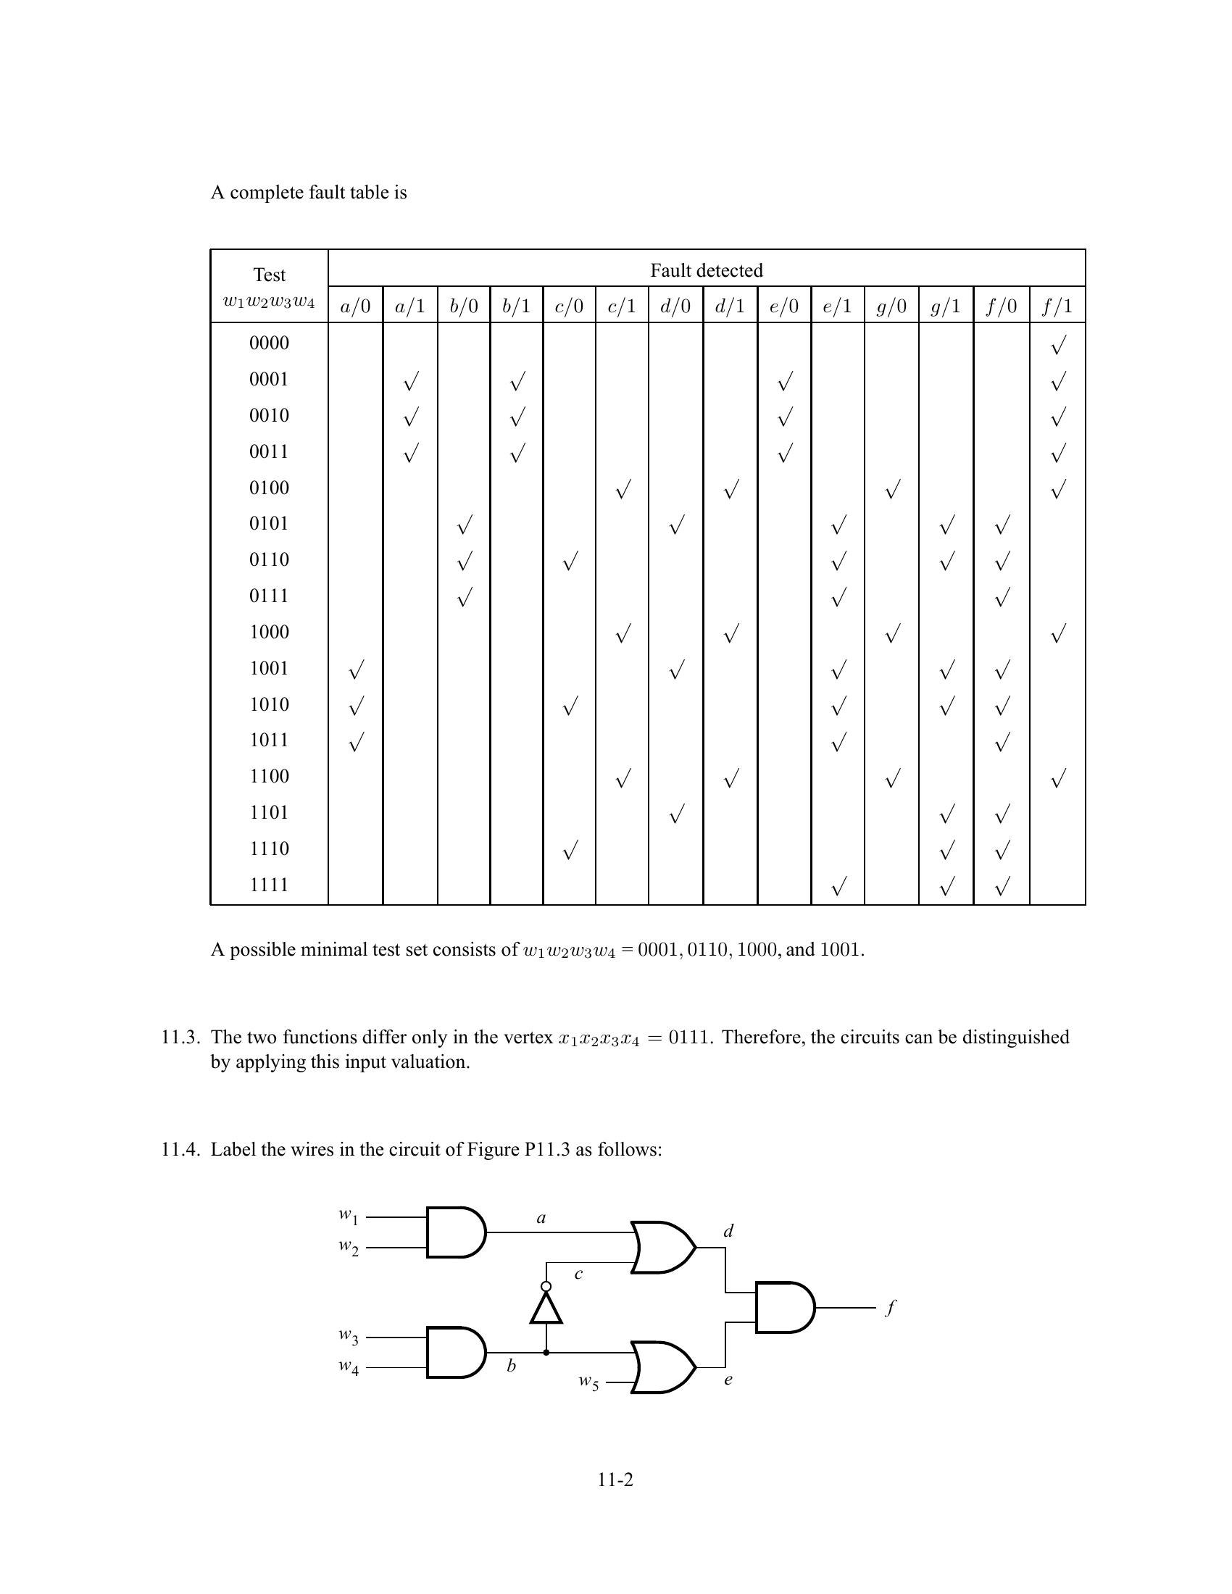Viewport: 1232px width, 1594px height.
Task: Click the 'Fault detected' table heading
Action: (x=706, y=271)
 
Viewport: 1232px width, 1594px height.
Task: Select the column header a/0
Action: (x=354, y=306)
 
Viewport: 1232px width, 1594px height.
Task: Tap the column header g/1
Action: (x=945, y=306)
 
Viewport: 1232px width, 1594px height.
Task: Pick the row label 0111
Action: (x=270, y=596)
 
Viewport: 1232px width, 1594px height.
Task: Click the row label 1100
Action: (x=270, y=777)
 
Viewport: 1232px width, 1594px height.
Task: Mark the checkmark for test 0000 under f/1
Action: (x=1057, y=344)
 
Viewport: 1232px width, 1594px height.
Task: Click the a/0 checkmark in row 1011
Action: (x=355, y=742)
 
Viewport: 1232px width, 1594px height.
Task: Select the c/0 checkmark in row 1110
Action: (x=570, y=851)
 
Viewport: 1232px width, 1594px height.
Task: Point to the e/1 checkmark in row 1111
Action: (x=838, y=887)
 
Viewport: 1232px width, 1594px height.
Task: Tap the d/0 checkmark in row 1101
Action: (x=676, y=814)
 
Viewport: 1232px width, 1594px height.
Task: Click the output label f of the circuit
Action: (x=890, y=1307)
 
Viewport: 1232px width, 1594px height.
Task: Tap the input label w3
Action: (x=348, y=1336)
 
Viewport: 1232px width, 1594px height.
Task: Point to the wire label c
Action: (x=578, y=1274)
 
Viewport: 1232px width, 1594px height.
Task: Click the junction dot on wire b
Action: (x=546, y=1353)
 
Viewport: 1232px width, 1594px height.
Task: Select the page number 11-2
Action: (x=615, y=1480)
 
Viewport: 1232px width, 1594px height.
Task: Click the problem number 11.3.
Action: (x=180, y=1037)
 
